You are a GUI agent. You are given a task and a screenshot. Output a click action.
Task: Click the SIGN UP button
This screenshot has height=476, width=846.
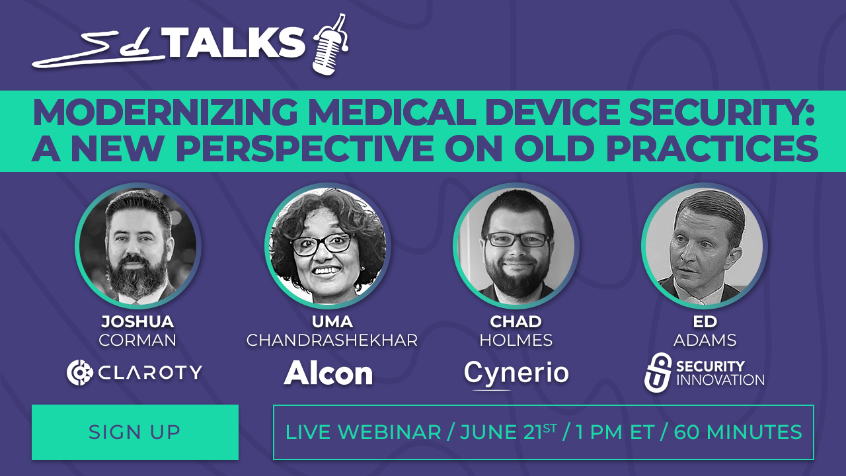coord(135,432)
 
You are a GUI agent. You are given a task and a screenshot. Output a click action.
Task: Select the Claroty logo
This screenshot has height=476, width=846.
coord(134,373)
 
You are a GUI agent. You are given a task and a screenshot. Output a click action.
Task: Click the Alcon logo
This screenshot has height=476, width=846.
coord(328,374)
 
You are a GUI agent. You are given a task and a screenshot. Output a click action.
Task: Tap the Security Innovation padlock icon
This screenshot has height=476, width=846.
coord(658,372)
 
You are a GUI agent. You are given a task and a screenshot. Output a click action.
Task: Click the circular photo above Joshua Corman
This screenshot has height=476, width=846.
coord(138,246)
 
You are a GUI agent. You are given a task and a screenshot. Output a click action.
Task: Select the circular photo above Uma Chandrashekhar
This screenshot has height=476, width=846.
coord(327,246)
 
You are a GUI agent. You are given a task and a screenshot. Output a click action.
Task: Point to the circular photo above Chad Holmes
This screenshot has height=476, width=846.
coord(516,246)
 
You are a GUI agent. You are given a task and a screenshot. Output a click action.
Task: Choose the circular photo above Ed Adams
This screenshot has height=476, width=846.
coord(705,246)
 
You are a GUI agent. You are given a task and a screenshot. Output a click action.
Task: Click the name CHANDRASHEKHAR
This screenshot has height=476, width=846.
coord(332,340)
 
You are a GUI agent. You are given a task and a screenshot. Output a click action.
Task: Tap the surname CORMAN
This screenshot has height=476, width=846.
coord(137,340)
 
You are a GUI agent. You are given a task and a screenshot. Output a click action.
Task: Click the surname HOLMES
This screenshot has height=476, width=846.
coord(516,340)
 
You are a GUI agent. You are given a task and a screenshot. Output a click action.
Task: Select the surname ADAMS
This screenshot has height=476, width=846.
coord(705,340)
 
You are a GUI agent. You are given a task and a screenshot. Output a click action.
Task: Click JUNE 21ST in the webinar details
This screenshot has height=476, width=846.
coord(508,432)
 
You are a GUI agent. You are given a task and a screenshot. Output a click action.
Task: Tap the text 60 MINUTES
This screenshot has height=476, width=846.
coord(738,432)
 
